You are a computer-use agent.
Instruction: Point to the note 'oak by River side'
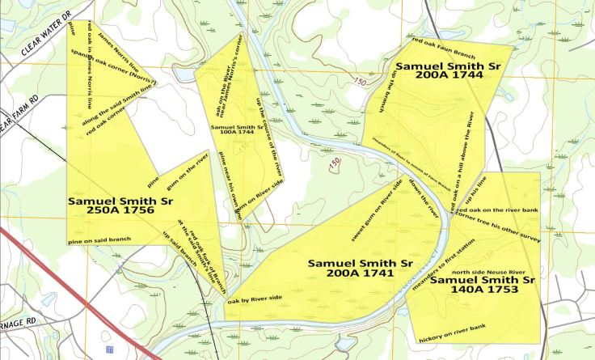point(255,301)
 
